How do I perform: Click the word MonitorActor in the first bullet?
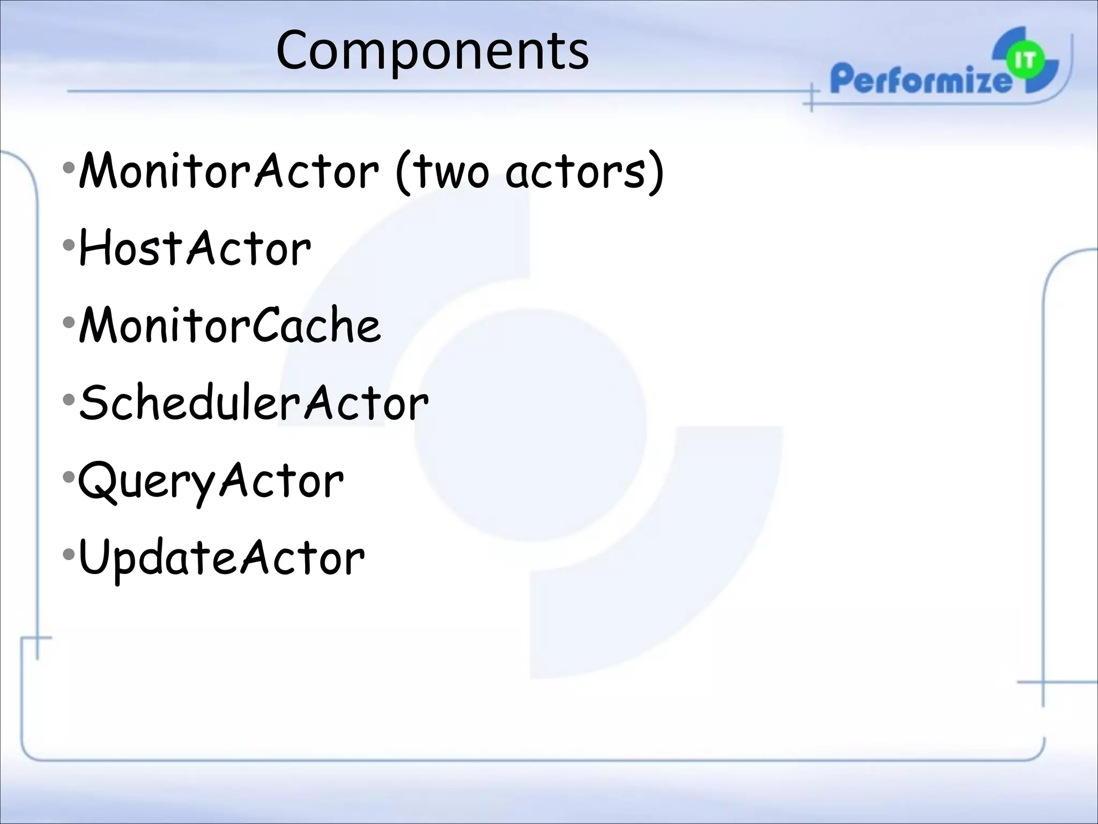228,171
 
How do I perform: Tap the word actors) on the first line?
584,172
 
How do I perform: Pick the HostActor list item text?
195,248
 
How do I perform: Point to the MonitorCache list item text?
229,326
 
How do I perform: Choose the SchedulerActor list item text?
254,402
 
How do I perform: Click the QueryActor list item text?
211,481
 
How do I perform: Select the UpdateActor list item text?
221,558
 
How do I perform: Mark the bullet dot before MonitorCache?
68,322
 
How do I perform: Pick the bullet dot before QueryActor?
68,477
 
